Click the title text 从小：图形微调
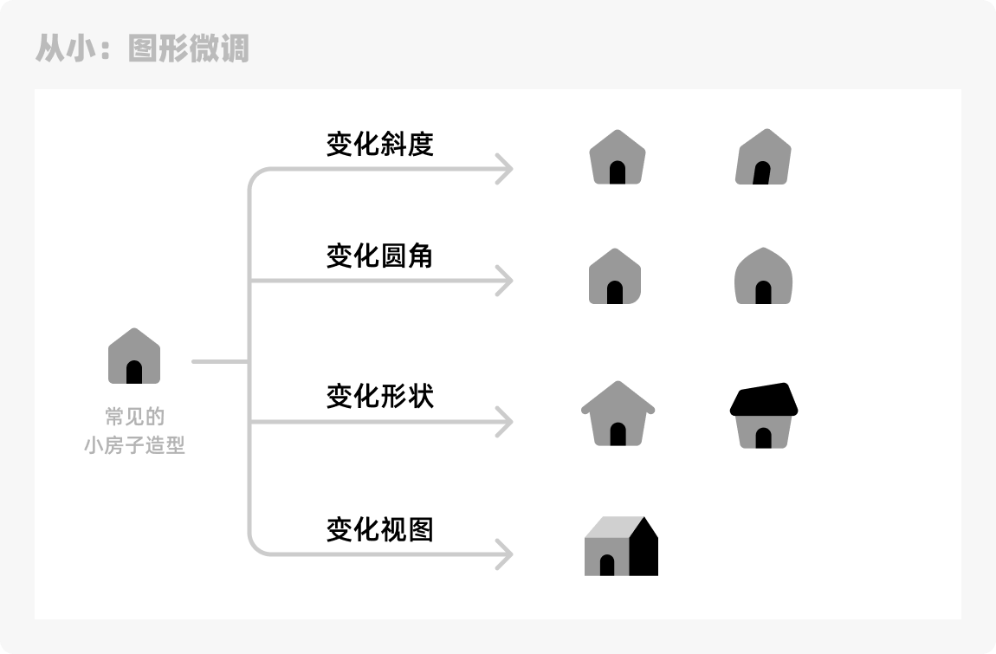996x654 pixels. [142, 48]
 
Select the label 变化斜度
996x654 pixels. [379, 144]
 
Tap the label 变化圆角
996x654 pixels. [379, 256]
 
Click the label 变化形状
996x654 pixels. [379, 397]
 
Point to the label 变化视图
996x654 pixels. [379, 529]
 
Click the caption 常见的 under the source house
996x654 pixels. [134, 418]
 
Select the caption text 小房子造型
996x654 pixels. [134, 447]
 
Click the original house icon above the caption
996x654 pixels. [134, 356]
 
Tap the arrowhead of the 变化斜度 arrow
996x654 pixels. [505, 169]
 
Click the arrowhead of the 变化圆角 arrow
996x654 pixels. [505, 281]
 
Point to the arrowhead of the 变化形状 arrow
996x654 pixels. [505, 422]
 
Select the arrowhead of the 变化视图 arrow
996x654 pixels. [505, 554]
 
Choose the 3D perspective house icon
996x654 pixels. [621, 547]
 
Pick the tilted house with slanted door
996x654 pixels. [763, 158]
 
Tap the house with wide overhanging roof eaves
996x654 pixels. [618, 415]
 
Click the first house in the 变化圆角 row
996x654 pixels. [615, 276]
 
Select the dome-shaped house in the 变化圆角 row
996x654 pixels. [763, 276]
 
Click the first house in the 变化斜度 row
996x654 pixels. [618, 158]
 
